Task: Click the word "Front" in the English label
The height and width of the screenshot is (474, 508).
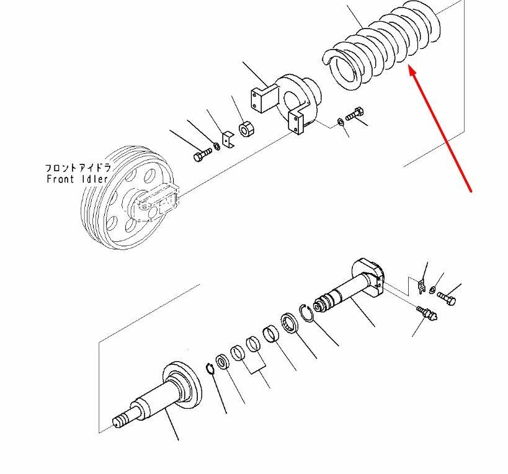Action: [x=61, y=179]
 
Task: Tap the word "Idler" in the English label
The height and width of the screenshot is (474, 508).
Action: [x=94, y=179]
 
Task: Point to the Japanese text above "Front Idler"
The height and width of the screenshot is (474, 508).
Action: [x=78, y=168]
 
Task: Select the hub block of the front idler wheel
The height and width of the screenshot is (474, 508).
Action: [x=158, y=202]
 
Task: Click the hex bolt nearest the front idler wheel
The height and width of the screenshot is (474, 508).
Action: [x=202, y=155]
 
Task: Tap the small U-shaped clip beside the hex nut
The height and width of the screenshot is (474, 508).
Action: [x=228, y=141]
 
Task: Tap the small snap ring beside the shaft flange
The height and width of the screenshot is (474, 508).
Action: [x=210, y=369]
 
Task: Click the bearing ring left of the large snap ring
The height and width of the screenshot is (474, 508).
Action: [x=288, y=323]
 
